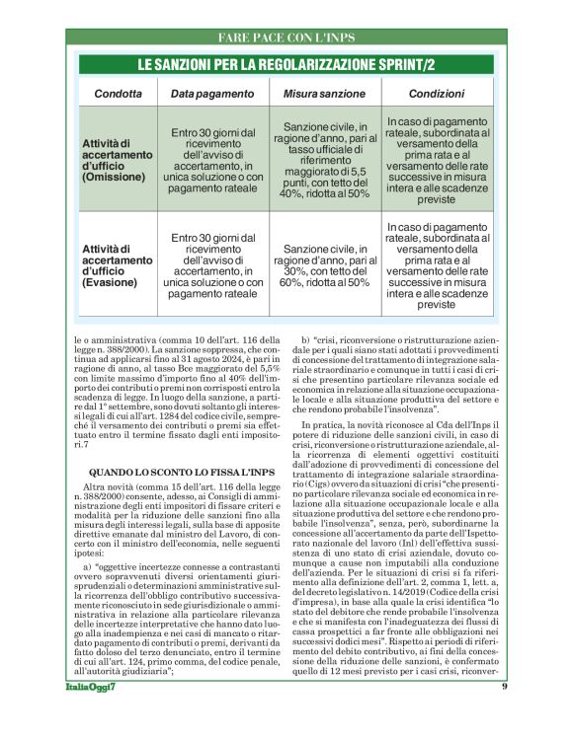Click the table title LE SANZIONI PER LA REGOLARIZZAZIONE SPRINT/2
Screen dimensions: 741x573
[286, 65]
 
